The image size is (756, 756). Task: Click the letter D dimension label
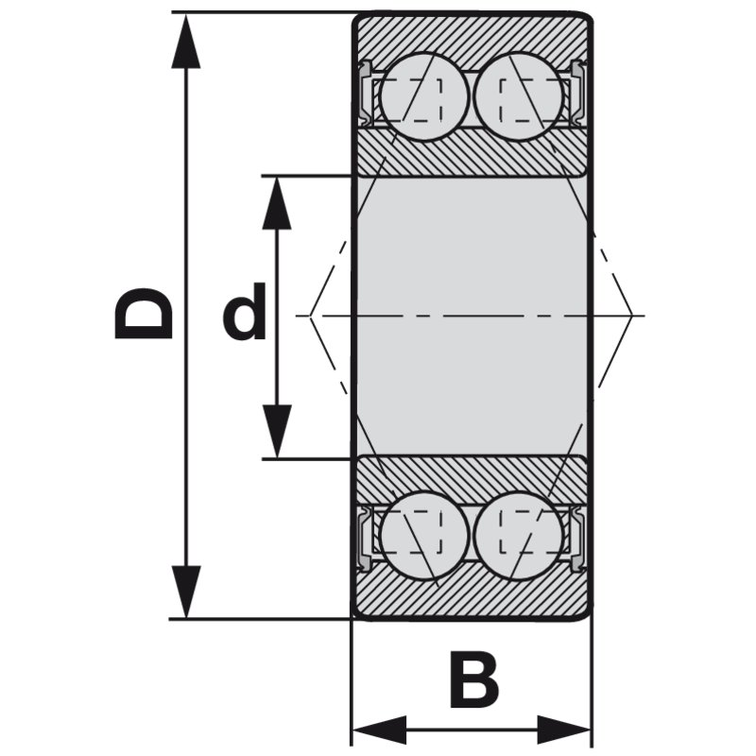(x=144, y=314)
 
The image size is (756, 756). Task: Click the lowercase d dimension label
(x=245, y=311)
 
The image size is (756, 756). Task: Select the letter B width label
(x=474, y=679)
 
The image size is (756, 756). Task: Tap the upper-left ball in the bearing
(x=423, y=96)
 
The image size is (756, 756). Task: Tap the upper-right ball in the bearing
(x=519, y=96)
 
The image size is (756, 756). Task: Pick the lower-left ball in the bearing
(x=423, y=534)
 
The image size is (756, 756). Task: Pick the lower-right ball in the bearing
(x=519, y=534)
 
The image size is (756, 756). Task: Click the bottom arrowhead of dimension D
(x=185, y=592)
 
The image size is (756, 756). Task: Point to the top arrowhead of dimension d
(x=277, y=203)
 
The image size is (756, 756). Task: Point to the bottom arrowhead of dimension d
(x=277, y=431)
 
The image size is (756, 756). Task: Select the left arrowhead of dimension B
(x=380, y=730)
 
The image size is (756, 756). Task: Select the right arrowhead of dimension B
(x=563, y=730)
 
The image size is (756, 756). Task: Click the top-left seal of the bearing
(x=368, y=92)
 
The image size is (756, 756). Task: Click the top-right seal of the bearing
(x=576, y=92)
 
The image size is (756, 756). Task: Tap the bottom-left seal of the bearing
(x=368, y=538)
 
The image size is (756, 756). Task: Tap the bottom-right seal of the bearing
(x=576, y=538)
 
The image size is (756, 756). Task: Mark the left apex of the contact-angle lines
(x=310, y=316)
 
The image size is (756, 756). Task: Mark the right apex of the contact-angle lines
(x=631, y=316)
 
